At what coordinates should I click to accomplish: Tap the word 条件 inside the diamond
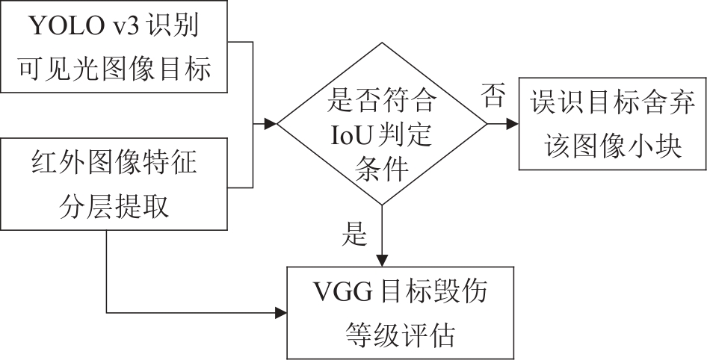[x=382, y=171]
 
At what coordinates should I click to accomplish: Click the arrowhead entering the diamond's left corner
[x=271, y=122]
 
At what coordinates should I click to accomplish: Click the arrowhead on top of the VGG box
[x=382, y=260]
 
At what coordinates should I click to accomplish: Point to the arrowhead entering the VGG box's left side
[x=283, y=311]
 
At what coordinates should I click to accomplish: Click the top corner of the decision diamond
[x=382, y=43]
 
